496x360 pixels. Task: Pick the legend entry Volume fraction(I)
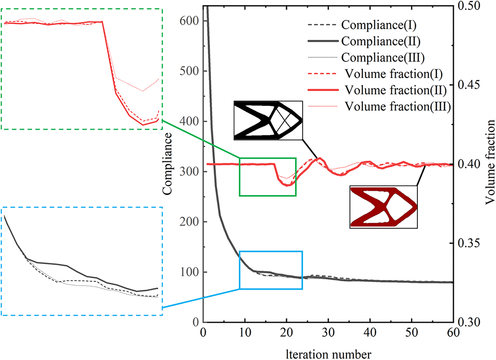pos(393,74)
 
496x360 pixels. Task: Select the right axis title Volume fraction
pos(490,162)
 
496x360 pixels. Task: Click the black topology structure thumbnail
pos(268,120)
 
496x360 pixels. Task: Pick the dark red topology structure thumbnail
pos(383,207)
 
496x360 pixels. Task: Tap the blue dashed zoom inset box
pos(82,261)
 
